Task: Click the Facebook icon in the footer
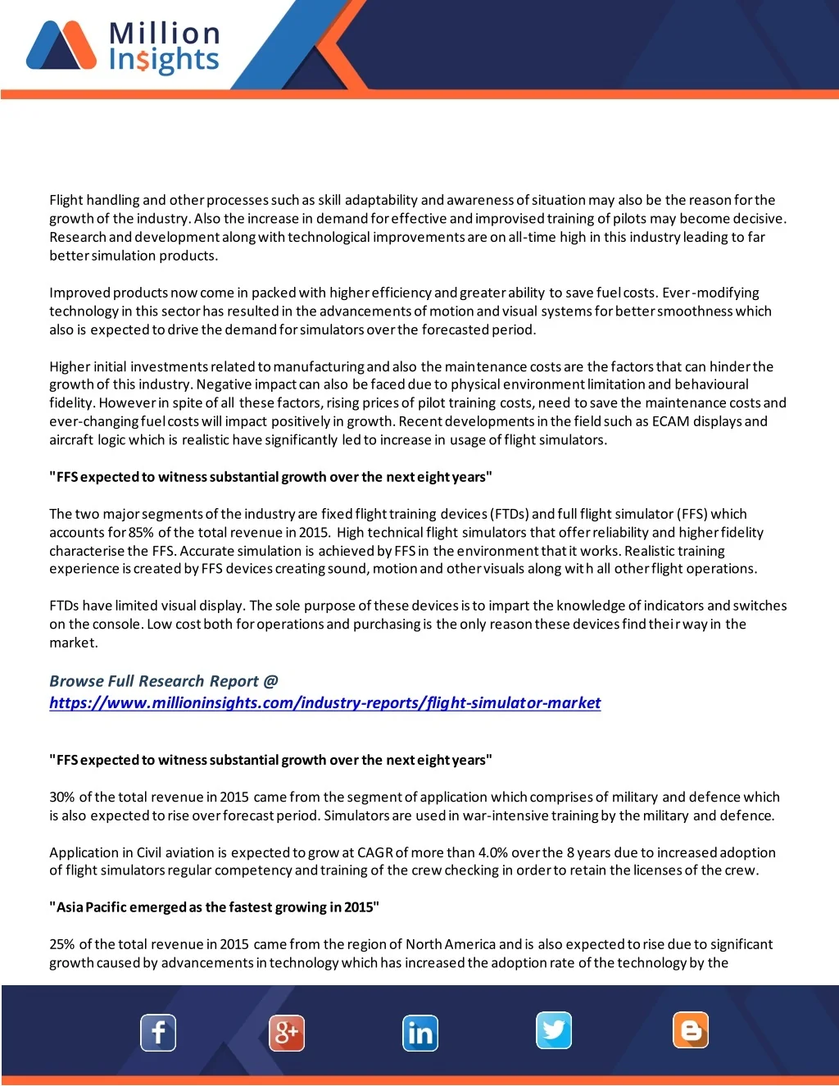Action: click(x=158, y=1033)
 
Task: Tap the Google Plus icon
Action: click(x=287, y=1033)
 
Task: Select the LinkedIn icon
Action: click(x=420, y=1033)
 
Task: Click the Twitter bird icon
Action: click(x=554, y=1030)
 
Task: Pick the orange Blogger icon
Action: click(x=691, y=1030)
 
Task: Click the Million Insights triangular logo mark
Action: click(x=61, y=46)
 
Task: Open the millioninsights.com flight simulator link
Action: click(x=324, y=702)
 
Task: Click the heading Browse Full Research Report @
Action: click(x=164, y=681)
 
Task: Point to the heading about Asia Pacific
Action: click(x=214, y=907)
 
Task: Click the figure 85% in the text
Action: click(x=141, y=533)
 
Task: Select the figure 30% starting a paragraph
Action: click(x=62, y=797)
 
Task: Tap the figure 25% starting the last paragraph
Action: click(x=62, y=944)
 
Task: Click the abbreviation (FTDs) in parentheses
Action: click(x=508, y=514)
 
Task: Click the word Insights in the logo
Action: click(x=164, y=60)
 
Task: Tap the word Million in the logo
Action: click(x=164, y=34)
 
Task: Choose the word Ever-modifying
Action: click(x=710, y=293)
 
